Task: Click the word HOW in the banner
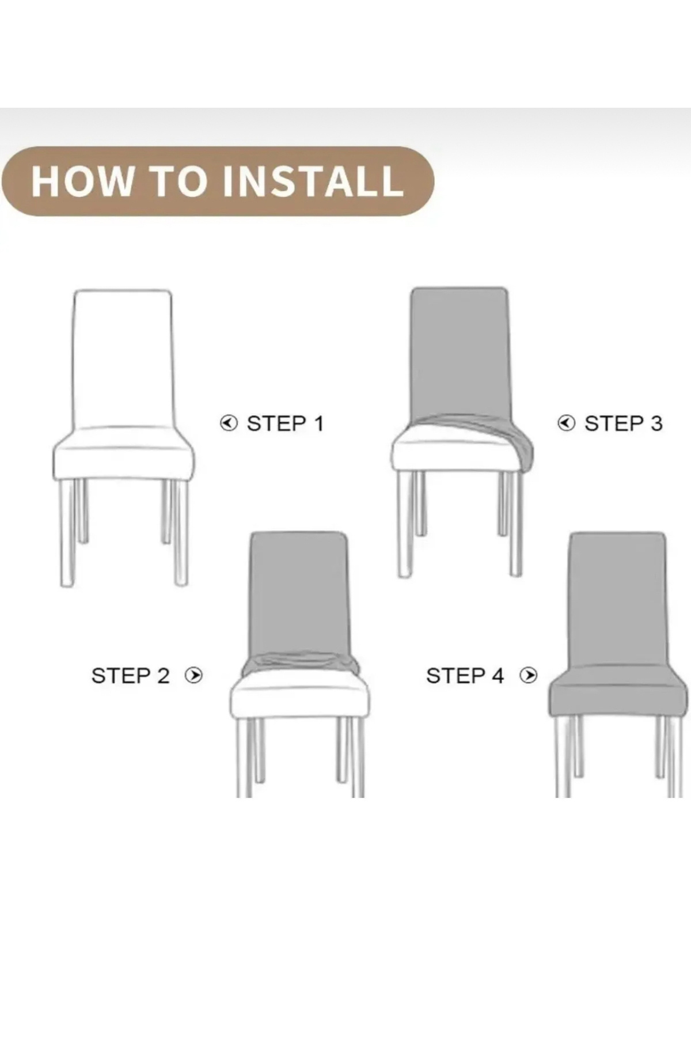click(x=82, y=181)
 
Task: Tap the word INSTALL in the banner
click(x=312, y=181)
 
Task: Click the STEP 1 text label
click(x=285, y=423)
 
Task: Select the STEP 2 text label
click(x=130, y=675)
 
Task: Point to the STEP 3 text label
click(x=623, y=423)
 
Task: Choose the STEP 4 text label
click(x=465, y=675)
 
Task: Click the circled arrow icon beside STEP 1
click(x=229, y=423)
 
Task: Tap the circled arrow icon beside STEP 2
click(x=193, y=675)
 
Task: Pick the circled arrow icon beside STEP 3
click(x=567, y=423)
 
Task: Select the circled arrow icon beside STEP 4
click(x=528, y=675)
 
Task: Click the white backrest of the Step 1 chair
click(x=122, y=360)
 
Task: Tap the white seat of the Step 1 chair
click(x=123, y=455)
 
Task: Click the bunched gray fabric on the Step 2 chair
click(x=299, y=664)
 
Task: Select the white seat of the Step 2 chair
click(x=299, y=697)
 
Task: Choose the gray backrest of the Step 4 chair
click(x=617, y=599)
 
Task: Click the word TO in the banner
click(x=177, y=181)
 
